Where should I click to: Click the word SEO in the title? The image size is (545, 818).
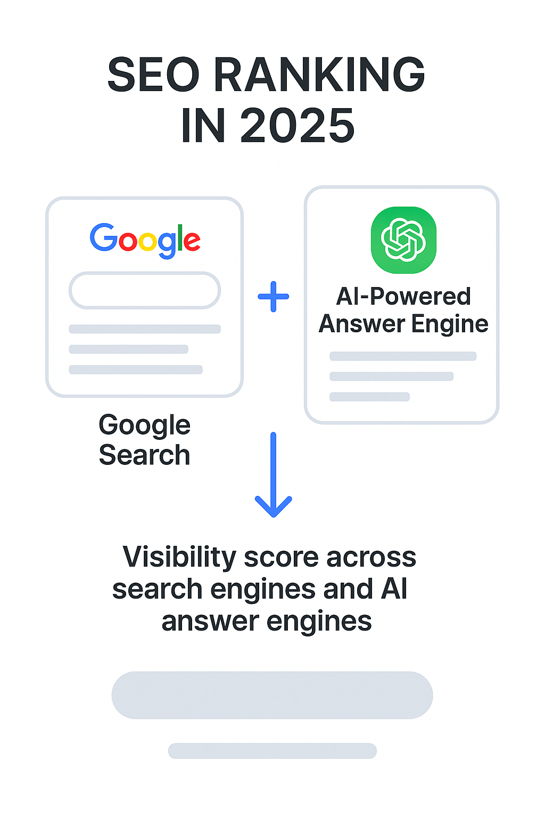pos(153,75)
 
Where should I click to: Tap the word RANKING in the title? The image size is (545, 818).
pos(319,75)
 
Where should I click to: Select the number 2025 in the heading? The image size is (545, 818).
pos(297,126)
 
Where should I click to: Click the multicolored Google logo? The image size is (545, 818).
pos(145,240)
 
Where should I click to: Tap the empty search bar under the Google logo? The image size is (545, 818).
pos(145,291)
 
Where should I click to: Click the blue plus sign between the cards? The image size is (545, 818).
pos(274,297)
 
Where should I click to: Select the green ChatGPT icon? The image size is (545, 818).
pos(403,240)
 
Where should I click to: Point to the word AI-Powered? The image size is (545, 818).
pos(403,297)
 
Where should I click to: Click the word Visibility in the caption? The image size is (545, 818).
pos(179,558)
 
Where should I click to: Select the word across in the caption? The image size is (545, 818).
pos(371,558)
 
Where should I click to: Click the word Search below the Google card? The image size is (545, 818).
pos(144,455)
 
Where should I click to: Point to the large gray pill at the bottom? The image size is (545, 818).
pos(272,695)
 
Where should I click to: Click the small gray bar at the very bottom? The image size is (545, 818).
pos(272,751)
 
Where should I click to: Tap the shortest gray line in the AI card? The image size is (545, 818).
pos(369,397)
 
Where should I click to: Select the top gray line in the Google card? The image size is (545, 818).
pos(145,329)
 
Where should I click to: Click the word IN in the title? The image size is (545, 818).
pos(203,126)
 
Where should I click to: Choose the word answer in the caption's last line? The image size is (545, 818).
pos(210,621)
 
